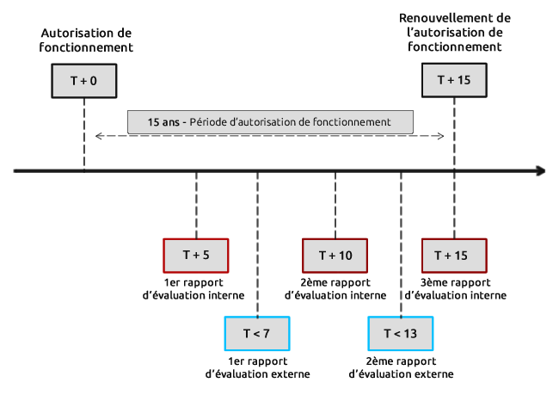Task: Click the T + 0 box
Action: [x=84, y=81]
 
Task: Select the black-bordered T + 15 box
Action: [x=454, y=80]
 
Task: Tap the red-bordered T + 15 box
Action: [x=454, y=256]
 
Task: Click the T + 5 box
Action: [x=196, y=256]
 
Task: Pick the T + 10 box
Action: [x=335, y=256]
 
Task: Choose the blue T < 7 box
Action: [x=257, y=334]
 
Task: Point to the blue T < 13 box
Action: [x=401, y=334]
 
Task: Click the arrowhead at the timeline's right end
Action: [x=541, y=171]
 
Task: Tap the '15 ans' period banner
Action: [x=270, y=122]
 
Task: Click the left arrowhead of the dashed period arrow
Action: [x=98, y=136]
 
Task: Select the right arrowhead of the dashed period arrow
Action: [x=441, y=136]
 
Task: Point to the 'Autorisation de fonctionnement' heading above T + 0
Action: [x=86, y=40]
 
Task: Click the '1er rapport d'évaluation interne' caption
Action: [x=193, y=289]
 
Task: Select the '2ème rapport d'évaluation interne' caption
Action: [x=335, y=289]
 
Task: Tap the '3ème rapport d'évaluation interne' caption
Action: [x=456, y=289]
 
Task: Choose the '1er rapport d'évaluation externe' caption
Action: [x=258, y=367]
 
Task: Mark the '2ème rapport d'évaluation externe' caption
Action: [x=401, y=367]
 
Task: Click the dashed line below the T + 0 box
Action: [x=84, y=134]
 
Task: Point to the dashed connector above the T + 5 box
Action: [x=196, y=206]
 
